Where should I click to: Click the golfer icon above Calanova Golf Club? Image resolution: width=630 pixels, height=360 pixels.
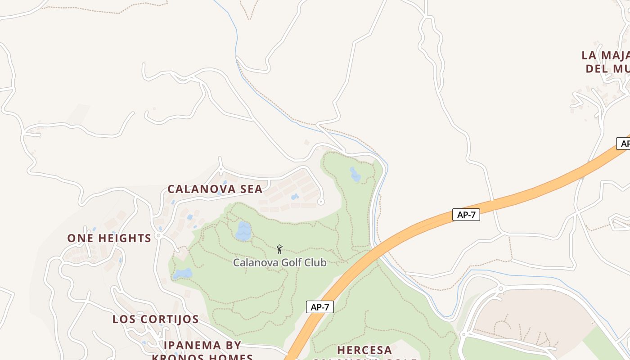279,249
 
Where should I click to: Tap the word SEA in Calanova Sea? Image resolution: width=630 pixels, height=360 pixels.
247,189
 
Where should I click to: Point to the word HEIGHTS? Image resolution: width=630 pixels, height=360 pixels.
124,238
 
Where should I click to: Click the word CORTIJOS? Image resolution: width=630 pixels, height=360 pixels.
170,319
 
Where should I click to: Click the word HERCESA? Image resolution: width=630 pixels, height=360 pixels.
364,350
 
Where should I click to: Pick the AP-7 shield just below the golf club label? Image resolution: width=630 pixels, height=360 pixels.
320,307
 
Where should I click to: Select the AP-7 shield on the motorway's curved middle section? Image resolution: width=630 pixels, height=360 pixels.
466,215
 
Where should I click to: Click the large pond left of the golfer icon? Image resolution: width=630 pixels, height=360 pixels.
243,231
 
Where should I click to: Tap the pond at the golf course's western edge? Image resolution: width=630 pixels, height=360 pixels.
183,273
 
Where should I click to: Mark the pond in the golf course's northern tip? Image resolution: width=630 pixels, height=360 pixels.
355,174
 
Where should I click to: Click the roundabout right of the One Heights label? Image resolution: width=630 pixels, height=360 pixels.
158,235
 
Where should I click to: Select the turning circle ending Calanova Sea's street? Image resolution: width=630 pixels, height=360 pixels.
321,202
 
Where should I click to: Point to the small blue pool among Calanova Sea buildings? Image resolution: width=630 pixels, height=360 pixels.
295,197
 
